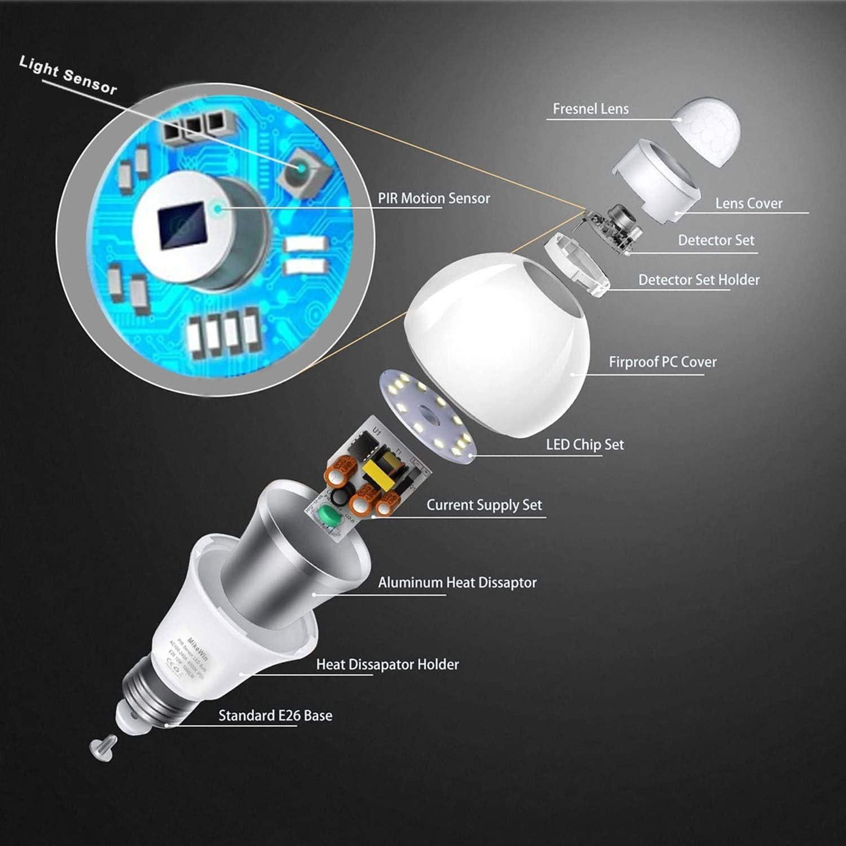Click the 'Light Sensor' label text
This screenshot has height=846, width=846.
pos(68,75)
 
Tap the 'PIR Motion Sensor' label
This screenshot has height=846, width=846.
pos(433,199)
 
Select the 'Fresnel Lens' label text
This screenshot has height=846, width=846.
pos(590,109)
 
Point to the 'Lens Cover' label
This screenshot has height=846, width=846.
pos(748,204)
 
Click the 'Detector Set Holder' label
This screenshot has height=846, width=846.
pos(698,280)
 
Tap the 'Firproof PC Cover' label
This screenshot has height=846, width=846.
pos(662,362)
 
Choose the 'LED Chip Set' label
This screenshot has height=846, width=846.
pos(584,445)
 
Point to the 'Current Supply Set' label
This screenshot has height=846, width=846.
pos(484,505)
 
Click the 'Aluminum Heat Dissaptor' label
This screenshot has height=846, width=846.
pos(457,583)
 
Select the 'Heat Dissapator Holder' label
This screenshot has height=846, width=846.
pos(387,664)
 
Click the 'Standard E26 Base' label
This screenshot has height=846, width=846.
pos(275,716)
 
